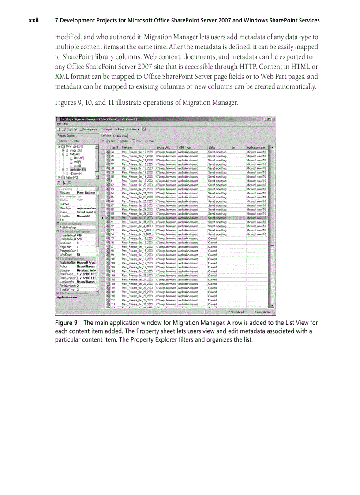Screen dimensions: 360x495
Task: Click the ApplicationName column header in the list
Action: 256,147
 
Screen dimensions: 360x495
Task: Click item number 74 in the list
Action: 113,151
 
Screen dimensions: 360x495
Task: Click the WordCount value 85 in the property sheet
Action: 79,254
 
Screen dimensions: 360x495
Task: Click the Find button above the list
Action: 112,141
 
